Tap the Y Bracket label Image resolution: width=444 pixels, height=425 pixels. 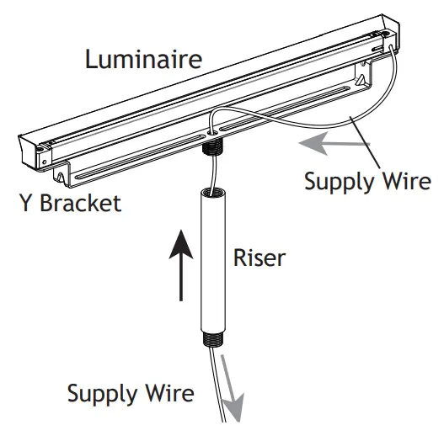(x=70, y=204)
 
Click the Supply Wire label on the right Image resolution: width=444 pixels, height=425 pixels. (x=366, y=182)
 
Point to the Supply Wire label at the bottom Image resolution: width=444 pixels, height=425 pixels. (x=131, y=394)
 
